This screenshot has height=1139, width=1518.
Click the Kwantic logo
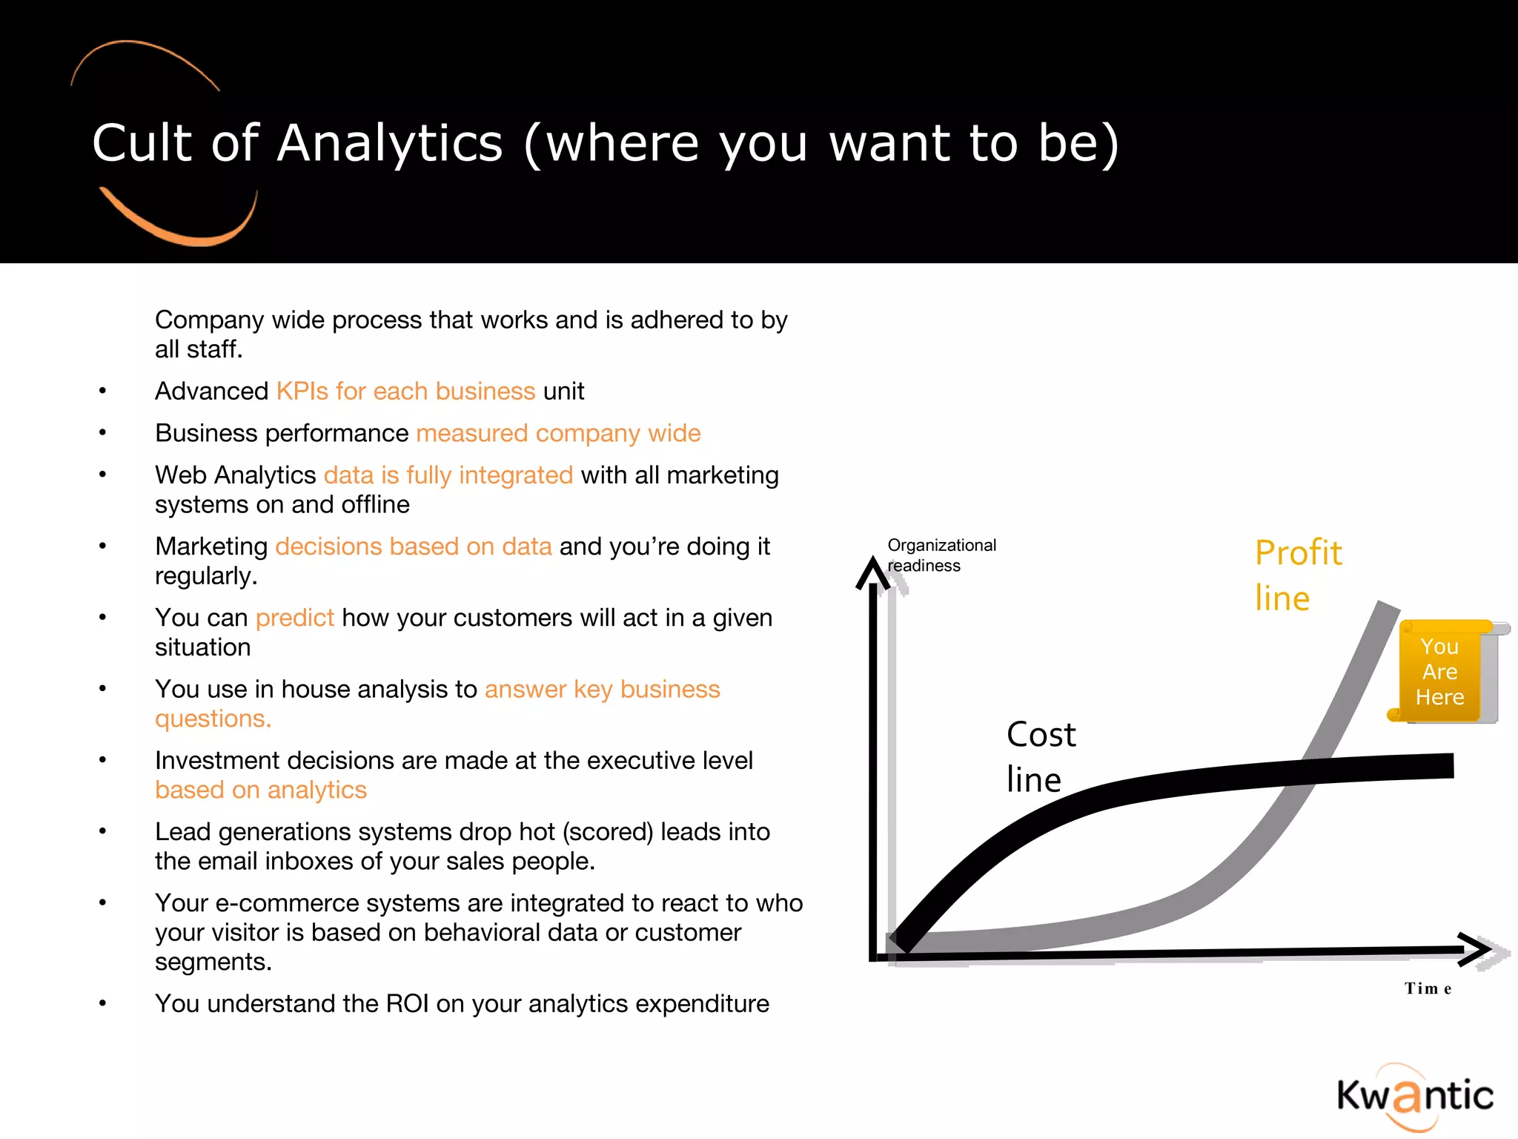click(x=1414, y=1096)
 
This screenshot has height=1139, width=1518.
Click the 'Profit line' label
click(x=1298, y=575)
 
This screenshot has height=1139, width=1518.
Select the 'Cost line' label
click(x=1041, y=756)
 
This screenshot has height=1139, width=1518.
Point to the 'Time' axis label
click(x=1428, y=988)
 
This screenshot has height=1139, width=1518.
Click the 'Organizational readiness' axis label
click(x=941, y=555)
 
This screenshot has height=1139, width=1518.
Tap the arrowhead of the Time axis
click(x=1477, y=950)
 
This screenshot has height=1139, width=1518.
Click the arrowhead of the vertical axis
click(x=872, y=572)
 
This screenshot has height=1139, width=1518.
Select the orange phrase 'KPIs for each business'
click(x=405, y=391)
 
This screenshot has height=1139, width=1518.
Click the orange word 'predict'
click(x=294, y=618)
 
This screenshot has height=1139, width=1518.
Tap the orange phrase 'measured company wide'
click(x=558, y=433)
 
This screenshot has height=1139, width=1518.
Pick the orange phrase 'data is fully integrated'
click(x=448, y=475)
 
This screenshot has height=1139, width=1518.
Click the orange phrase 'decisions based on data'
click(x=413, y=547)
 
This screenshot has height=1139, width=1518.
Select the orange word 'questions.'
click(x=213, y=719)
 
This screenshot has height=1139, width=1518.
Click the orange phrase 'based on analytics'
click(x=261, y=790)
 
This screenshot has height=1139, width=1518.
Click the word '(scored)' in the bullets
click(x=608, y=832)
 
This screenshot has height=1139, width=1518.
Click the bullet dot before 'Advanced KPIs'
click(x=103, y=391)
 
